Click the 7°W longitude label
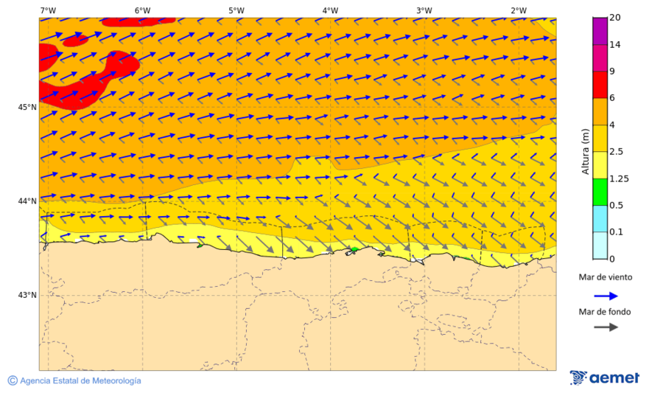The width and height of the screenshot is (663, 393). click(48, 10)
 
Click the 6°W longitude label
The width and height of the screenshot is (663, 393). click(142, 10)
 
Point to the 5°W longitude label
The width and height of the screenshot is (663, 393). click(236, 10)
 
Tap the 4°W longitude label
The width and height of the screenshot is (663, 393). click(330, 10)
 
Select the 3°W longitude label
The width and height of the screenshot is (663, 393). click(424, 10)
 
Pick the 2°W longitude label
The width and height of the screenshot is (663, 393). click(518, 10)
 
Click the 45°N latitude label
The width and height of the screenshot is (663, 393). click(27, 108)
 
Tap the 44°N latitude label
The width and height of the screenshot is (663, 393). click(27, 201)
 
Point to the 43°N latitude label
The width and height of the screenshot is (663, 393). click(27, 296)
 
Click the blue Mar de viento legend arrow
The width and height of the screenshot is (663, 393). click(605, 296)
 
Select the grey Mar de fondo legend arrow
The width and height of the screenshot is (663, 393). click(605, 327)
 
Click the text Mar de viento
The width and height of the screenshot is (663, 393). click(605, 277)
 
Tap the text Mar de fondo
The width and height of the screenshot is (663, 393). click(605, 311)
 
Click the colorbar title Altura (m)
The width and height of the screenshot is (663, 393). click(586, 150)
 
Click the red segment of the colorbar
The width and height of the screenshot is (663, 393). click(600, 84)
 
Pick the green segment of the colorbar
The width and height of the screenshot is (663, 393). click(600, 192)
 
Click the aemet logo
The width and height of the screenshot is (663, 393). click(605, 378)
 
